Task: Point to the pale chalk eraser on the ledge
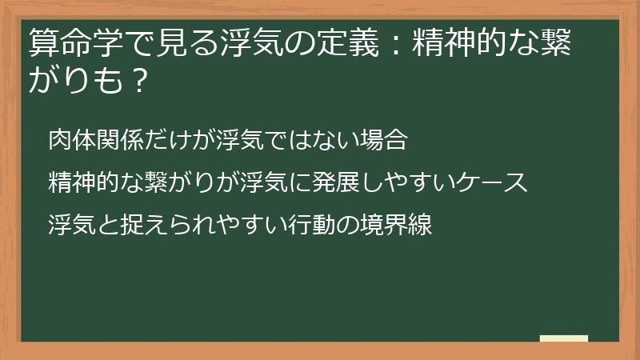click(564, 338)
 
